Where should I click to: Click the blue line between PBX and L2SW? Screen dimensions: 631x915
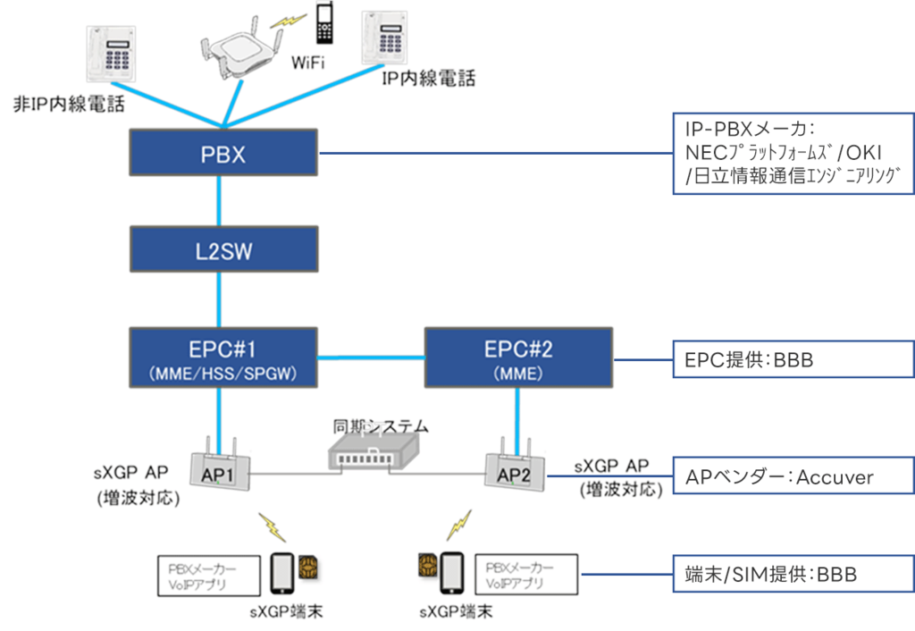220,203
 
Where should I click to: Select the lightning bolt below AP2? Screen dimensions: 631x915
461,523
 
